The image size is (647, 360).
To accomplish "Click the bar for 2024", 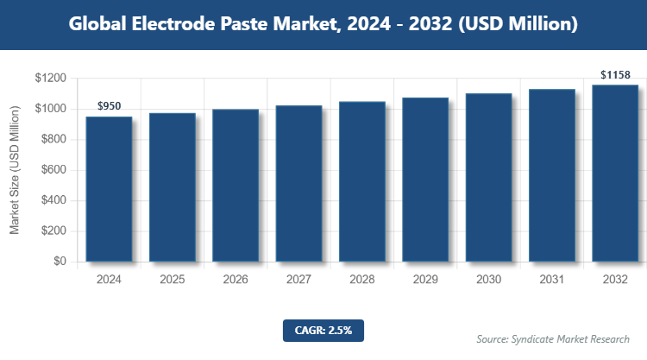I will point(109,189).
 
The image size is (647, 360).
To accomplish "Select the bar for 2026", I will point(236,186).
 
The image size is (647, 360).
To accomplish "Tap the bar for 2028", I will point(361,181).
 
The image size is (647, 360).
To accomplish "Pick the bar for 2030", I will point(488,177).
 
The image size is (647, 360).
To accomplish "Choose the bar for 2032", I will point(614,173).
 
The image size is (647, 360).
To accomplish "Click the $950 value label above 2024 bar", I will point(109,106).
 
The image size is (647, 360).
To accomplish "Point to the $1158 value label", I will point(614,75).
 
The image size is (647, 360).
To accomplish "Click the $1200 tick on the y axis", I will point(52,79).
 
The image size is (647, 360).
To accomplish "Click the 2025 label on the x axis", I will point(172,280).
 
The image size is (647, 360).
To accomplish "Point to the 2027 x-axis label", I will point(298,280).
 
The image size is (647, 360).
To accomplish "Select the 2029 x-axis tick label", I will point(424,280).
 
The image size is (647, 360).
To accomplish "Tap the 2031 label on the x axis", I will point(551,280).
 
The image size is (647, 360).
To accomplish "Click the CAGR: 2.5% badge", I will point(323,330).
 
